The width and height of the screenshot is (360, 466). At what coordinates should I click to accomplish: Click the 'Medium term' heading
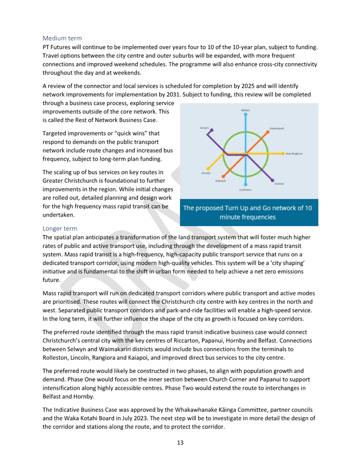pos(62,38)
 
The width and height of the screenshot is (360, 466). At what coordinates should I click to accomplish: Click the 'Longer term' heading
pos(60,229)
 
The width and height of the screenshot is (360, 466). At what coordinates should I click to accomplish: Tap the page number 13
pos(180,443)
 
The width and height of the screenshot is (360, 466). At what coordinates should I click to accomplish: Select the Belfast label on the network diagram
pos(246,110)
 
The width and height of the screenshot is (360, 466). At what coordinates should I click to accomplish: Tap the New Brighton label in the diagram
pos(294,154)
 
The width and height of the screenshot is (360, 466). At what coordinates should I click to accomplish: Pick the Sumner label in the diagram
pos(279,183)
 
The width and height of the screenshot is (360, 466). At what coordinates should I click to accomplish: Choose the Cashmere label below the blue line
pos(245,189)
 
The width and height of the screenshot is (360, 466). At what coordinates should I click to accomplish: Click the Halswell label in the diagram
pos(220,181)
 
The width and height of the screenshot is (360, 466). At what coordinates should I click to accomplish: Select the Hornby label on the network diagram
pos(206,173)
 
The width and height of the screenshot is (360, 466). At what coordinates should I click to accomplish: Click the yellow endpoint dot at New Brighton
pos(283,153)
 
